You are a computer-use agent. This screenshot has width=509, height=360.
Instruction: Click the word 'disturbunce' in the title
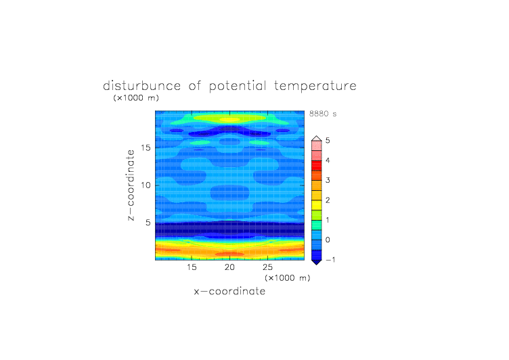point(141,86)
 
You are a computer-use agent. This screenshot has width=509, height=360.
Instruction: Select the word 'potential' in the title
point(238,87)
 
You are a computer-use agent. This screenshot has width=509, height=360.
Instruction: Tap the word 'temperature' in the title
point(315,87)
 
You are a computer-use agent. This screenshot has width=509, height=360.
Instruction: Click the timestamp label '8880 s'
point(323,114)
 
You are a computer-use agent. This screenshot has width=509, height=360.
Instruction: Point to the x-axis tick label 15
point(192,267)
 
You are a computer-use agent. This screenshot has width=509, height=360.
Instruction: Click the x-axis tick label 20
point(229,267)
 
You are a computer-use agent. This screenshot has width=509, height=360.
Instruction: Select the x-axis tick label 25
point(267,267)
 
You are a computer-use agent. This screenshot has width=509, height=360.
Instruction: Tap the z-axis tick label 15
point(146,148)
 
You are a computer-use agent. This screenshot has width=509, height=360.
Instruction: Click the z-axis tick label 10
point(146,185)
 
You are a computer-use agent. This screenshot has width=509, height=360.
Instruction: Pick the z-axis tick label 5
point(148,223)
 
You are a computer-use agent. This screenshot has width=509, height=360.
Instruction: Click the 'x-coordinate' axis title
point(229,291)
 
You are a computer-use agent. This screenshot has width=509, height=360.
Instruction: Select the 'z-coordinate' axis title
point(131,185)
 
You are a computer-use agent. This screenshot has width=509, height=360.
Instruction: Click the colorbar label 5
point(328,140)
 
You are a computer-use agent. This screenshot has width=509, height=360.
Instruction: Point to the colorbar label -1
point(330,260)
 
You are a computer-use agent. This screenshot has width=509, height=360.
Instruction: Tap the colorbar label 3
point(328,180)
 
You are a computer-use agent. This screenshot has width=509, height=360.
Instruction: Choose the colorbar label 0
point(328,240)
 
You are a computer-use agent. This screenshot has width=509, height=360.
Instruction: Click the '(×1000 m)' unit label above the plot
point(136,97)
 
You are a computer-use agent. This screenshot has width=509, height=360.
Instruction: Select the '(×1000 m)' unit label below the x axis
point(287,278)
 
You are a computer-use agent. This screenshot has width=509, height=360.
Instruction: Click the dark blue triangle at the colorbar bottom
point(317,262)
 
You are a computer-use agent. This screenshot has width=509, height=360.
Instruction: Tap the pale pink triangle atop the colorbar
point(317,139)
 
